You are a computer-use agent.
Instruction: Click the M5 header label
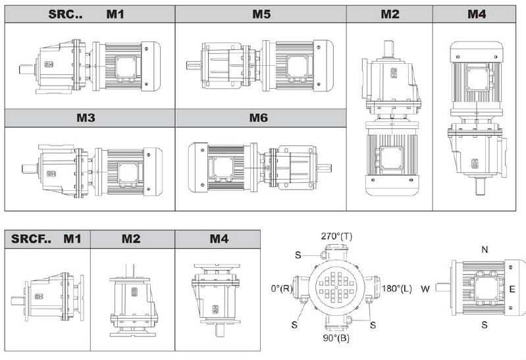click(x=261, y=14)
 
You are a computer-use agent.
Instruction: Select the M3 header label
click(x=86, y=118)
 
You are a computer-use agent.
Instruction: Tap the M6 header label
click(x=258, y=118)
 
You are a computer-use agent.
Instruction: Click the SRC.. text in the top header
click(x=65, y=14)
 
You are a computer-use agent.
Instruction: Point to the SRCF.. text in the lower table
click(x=31, y=238)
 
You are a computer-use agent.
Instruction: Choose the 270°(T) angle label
click(x=336, y=236)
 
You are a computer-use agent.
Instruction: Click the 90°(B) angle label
click(x=336, y=338)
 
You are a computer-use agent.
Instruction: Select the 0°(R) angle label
click(x=282, y=288)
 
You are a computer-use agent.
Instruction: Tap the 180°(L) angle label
click(x=397, y=288)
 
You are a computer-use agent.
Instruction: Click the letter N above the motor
click(x=485, y=249)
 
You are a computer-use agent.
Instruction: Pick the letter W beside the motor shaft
click(x=425, y=288)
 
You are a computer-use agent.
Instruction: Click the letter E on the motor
click(x=512, y=289)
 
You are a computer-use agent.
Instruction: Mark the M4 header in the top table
click(x=477, y=14)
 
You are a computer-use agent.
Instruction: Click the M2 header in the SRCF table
click(x=131, y=238)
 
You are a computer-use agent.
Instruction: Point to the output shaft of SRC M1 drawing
click(x=26, y=70)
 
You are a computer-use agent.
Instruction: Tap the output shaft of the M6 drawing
click(x=324, y=168)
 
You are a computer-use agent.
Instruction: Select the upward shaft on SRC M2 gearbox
click(x=389, y=49)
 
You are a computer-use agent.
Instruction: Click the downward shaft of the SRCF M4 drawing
click(x=219, y=330)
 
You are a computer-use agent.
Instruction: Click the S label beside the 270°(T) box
click(x=298, y=255)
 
